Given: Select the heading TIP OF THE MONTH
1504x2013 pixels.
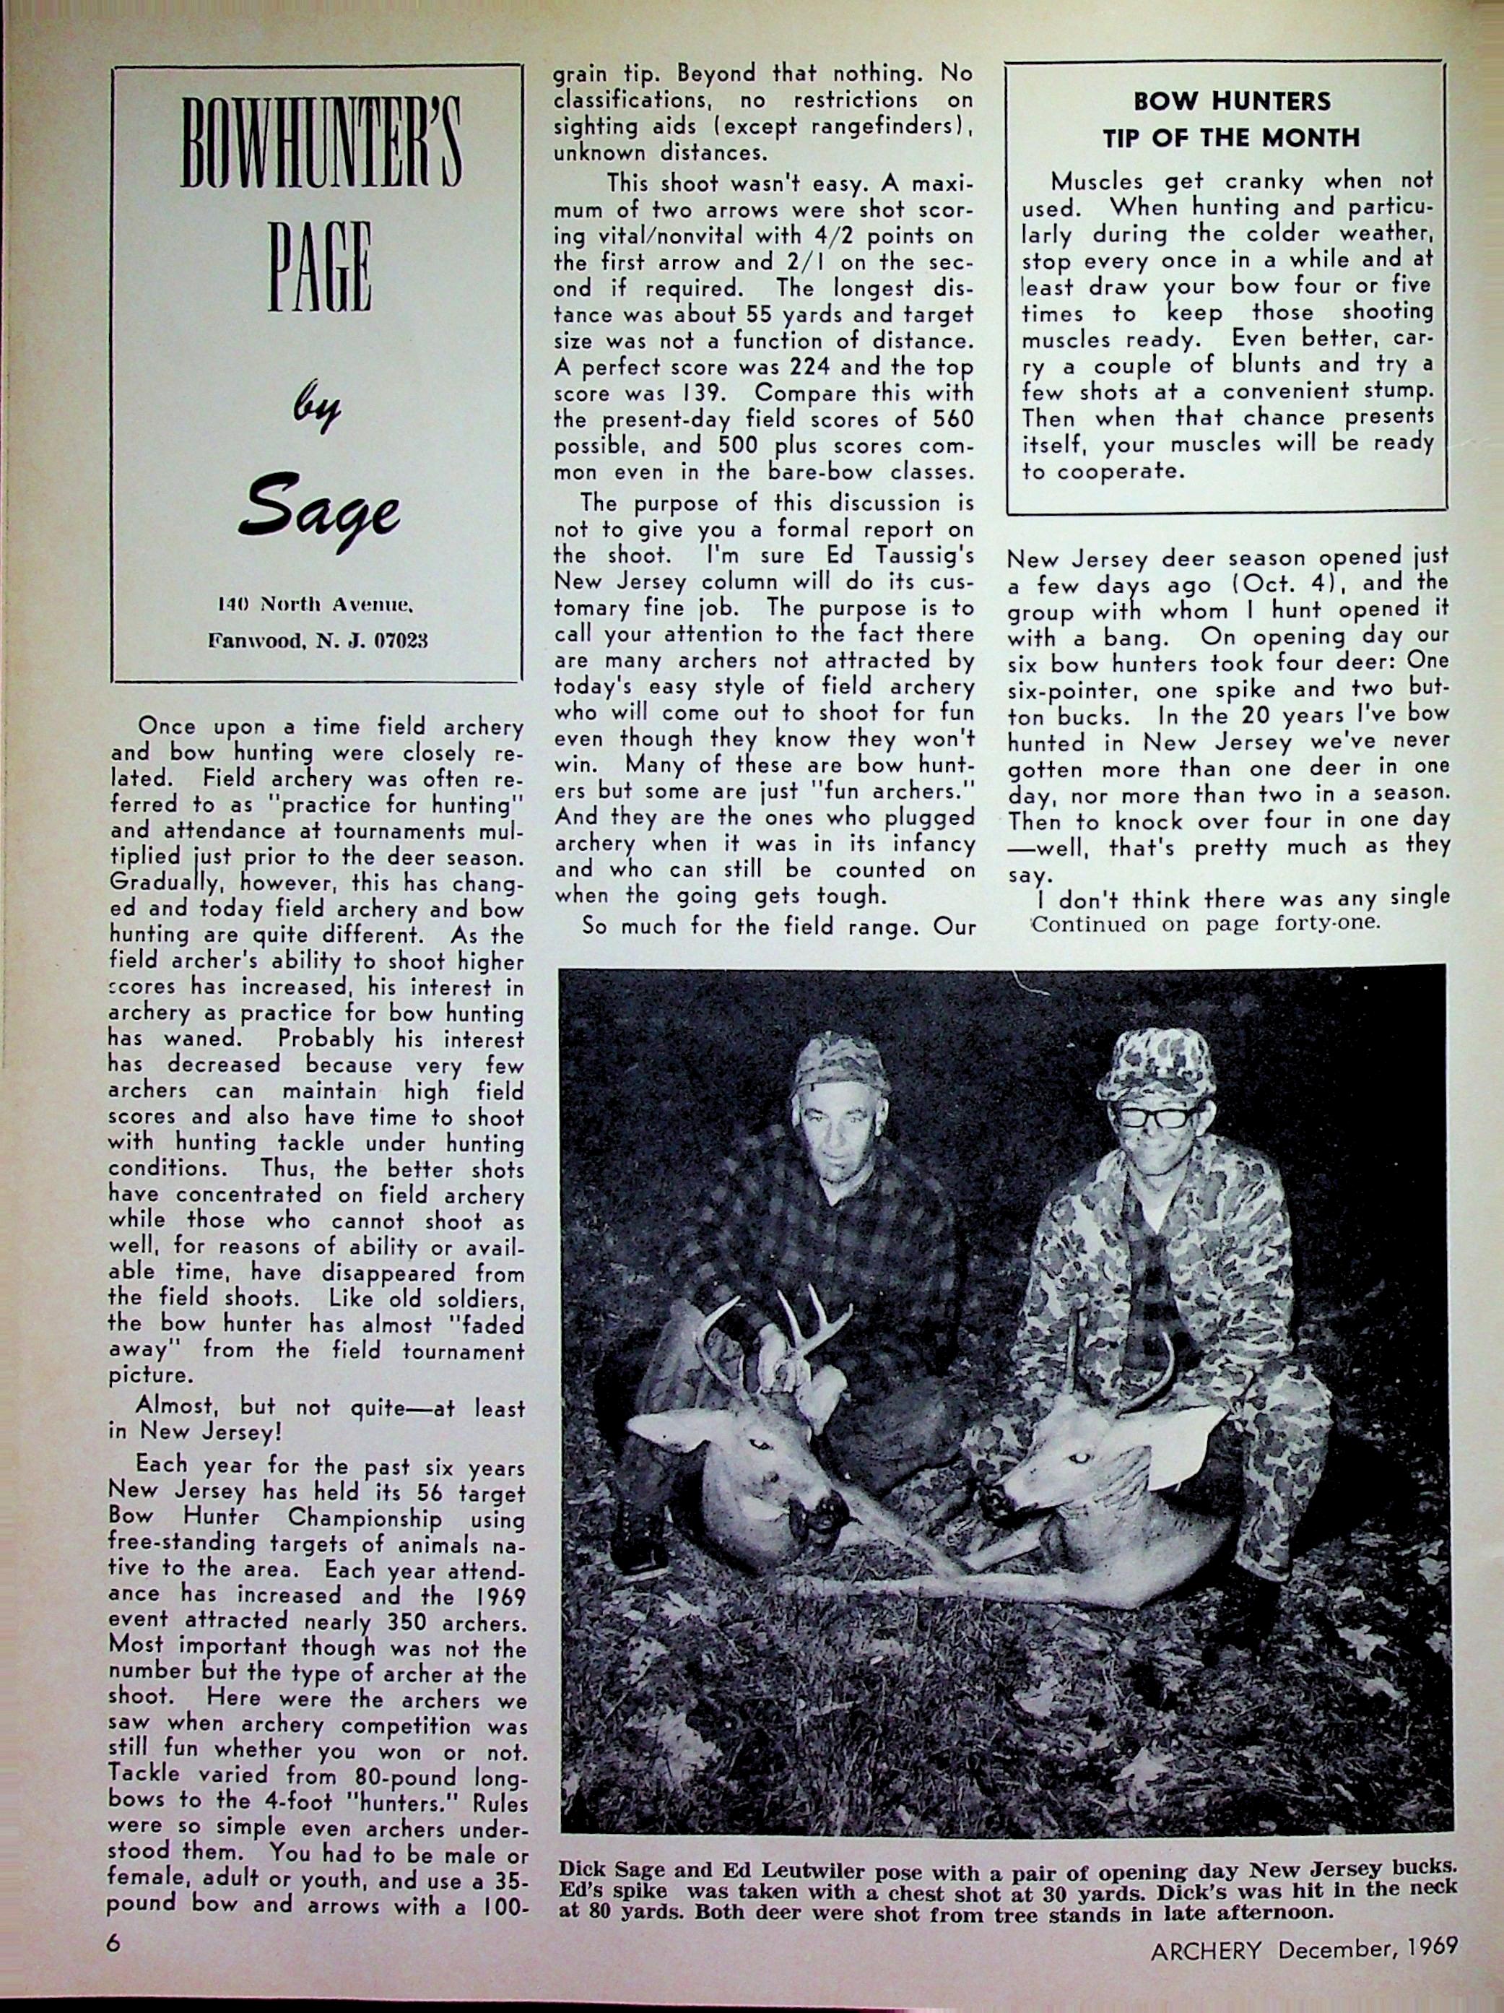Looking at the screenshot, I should point(1232,137).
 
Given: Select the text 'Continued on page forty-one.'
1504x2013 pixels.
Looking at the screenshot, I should point(1206,924).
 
